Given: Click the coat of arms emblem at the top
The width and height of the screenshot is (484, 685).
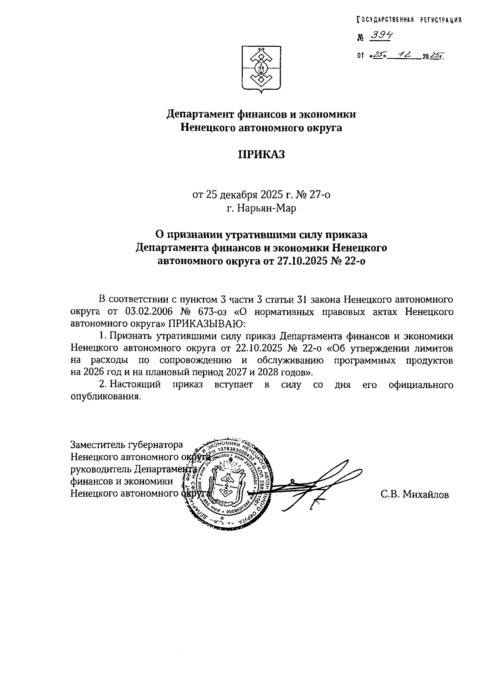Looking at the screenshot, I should [261, 70].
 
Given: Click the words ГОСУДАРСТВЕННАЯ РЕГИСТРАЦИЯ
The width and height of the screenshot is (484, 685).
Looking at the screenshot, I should [409, 20].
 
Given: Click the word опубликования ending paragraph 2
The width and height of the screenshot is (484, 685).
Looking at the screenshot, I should [106, 397].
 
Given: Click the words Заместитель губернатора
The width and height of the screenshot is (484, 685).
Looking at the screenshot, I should [127, 445].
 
